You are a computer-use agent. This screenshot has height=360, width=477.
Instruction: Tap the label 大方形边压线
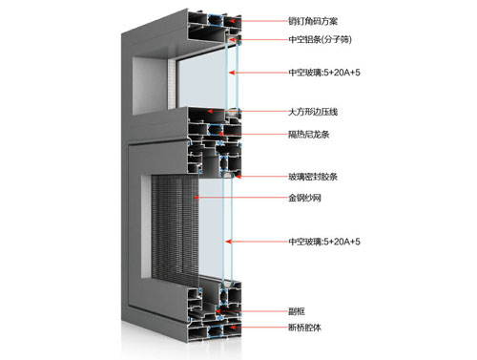point(314,112)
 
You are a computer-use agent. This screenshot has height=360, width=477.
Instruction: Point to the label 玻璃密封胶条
point(314,177)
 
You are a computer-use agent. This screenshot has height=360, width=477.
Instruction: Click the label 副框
point(298,310)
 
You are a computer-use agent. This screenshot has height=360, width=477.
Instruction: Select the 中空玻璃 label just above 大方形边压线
point(323,72)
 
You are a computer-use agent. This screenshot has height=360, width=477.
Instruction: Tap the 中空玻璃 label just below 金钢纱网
point(323,242)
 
